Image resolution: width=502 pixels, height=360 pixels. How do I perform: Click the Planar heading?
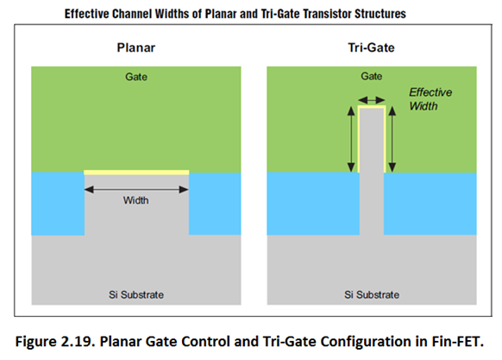click(136, 47)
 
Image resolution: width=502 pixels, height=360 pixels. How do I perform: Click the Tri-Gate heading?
click(372, 47)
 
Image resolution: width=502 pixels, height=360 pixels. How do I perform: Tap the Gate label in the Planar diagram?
click(136, 77)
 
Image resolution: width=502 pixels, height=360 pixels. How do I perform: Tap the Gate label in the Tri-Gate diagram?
click(372, 76)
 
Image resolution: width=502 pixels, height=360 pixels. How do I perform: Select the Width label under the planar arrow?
click(136, 200)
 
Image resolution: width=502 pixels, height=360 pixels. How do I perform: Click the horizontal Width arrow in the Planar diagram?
click(136, 189)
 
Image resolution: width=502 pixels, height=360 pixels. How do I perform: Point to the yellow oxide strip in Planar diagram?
click(136, 173)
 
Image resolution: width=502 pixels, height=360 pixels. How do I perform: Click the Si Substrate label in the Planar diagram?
click(136, 294)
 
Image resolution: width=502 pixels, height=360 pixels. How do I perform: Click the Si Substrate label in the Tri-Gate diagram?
click(372, 294)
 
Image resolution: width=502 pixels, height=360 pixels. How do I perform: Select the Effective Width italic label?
click(430, 99)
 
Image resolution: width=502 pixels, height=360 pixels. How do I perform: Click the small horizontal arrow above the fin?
click(372, 100)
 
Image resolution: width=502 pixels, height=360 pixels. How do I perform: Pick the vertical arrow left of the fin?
click(351, 139)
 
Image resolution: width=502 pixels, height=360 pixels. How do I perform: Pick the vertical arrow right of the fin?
click(392, 139)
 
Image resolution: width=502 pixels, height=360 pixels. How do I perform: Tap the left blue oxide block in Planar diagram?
click(58, 204)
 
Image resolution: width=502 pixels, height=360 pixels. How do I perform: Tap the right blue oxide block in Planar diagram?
click(215, 204)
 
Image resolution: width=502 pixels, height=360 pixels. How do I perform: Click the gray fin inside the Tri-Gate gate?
click(372, 141)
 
